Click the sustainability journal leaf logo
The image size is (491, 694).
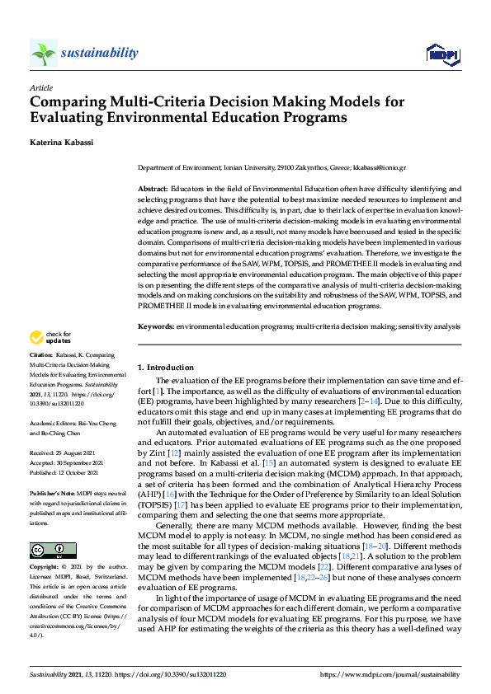click(43, 54)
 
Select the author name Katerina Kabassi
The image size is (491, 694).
click(62, 142)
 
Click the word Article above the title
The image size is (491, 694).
click(40, 87)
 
